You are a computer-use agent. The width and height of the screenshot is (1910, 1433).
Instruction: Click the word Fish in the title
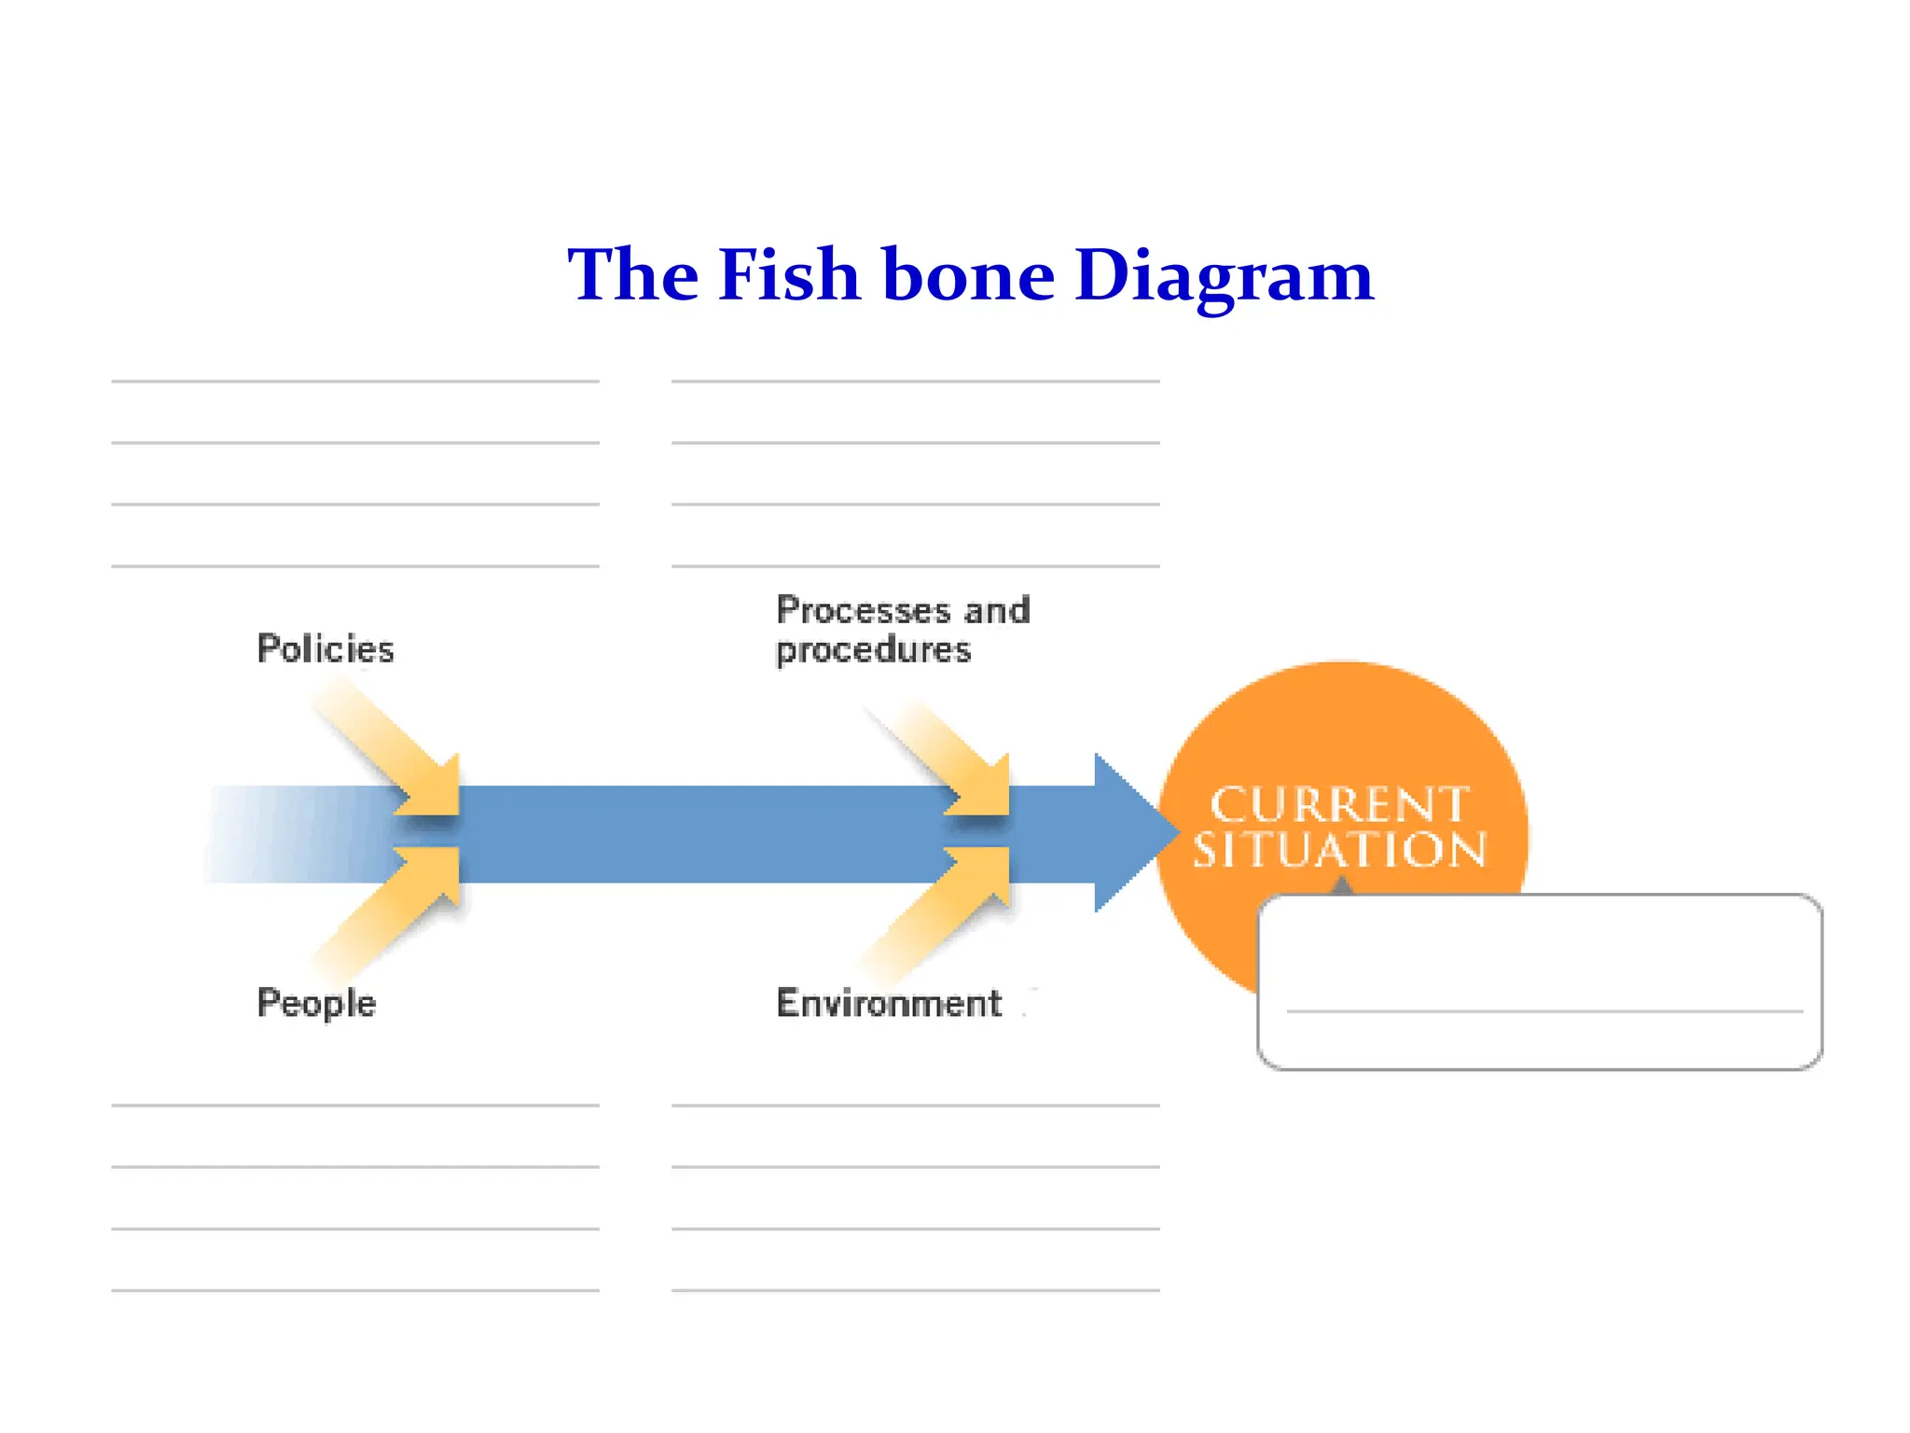point(788,275)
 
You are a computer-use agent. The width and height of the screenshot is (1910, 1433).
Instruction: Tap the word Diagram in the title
point(1224,277)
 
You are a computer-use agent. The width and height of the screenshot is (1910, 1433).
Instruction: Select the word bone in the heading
point(967,275)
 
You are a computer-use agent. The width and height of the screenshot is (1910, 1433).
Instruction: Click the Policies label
point(325,649)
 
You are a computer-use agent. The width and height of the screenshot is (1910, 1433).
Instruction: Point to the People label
point(316,1003)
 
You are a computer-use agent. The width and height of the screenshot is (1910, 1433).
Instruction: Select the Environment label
point(889,1003)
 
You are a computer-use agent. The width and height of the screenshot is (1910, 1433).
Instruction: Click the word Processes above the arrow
point(864,610)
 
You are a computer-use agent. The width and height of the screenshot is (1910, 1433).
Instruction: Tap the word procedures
point(873,650)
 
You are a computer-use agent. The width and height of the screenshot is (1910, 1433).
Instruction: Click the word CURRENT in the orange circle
point(1339,805)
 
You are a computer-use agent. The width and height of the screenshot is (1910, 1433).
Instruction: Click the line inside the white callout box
point(1543,1011)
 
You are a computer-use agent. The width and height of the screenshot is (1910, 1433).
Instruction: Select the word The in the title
point(633,275)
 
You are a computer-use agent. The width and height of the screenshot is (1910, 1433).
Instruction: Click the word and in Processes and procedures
point(997,610)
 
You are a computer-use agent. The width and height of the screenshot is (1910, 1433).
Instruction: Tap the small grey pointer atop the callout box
point(1341,885)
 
